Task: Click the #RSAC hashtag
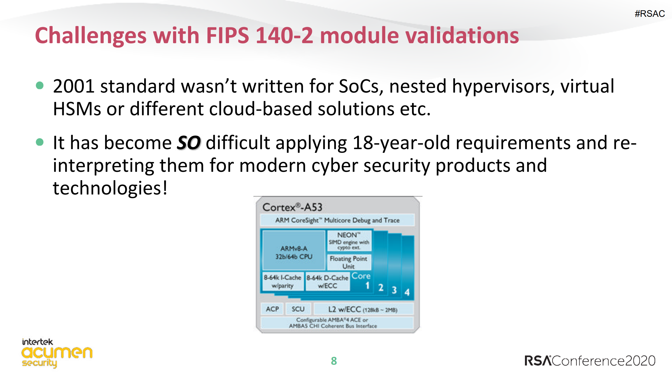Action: point(649,14)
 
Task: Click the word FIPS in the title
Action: point(227,35)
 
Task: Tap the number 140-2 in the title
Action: point(284,35)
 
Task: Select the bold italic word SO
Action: point(189,143)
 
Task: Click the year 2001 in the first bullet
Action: point(74,86)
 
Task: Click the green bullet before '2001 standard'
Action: point(40,85)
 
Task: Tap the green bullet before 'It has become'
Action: point(40,142)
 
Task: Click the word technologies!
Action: point(110,189)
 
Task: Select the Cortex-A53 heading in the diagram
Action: point(292,207)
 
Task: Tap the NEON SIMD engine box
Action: point(349,241)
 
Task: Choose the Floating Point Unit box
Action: point(349,262)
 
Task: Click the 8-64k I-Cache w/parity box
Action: point(283,281)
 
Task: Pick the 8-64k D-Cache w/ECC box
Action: point(327,281)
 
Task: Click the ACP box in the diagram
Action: point(272,309)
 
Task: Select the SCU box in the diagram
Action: point(298,309)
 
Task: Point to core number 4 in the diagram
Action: point(407,292)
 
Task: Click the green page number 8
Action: point(334,361)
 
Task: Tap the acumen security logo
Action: point(57,353)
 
